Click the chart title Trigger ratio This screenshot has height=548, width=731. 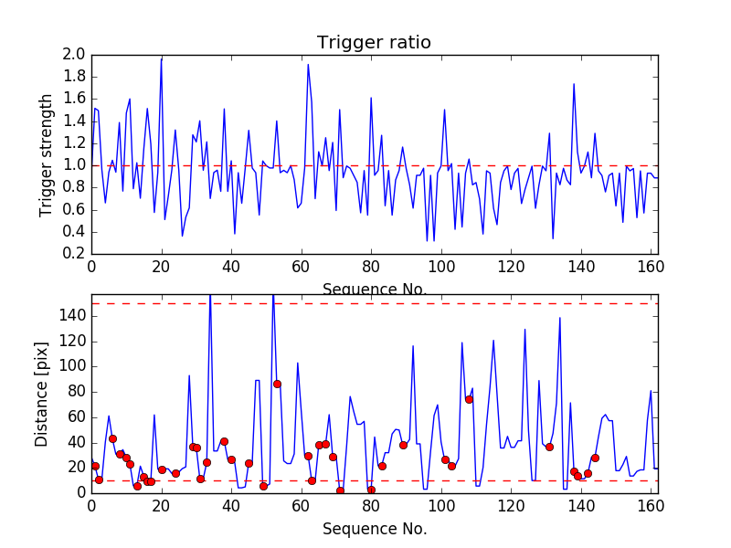click(374, 42)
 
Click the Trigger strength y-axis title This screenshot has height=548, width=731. click(47, 154)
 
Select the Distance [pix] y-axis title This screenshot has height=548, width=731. click(42, 394)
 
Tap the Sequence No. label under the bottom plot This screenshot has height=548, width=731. click(375, 529)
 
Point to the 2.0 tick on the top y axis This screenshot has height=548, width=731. click(75, 55)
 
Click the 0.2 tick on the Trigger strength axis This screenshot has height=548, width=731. click(75, 254)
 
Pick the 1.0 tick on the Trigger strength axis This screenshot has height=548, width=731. click(75, 165)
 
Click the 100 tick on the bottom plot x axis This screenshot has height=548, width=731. click(441, 506)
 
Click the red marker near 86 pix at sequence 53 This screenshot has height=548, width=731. click(277, 384)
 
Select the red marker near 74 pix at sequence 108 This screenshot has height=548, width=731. click(469, 399)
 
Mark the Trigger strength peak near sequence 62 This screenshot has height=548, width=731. click(308, 65)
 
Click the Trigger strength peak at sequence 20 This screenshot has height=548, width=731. click(162, 58)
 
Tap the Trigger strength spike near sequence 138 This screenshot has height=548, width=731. click(574, 84)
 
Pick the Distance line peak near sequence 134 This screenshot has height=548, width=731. click(560, 318)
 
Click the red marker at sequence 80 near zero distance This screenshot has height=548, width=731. click(371, 490)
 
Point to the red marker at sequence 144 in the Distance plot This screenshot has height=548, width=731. click(595, 458)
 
